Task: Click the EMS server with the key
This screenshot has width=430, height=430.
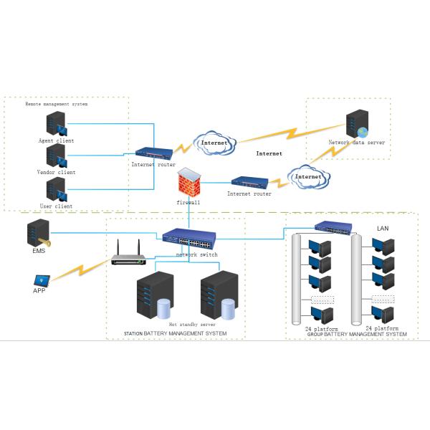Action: [x=39, y=234]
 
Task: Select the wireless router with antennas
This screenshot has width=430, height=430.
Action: [x=129, y=257]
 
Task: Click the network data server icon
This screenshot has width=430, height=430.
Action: [x=356, y=125]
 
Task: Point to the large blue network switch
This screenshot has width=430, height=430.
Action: [x=188, y=239]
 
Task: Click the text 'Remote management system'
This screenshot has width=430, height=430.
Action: [x=56, y=105]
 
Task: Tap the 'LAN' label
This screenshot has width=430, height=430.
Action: [x=383, y=229]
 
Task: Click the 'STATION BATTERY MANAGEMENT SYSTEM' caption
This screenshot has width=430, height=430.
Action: [x=175, y=334]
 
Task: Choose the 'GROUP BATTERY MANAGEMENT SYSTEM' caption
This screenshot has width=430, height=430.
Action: [x=357, y=335]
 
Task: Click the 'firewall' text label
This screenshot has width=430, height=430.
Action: [x=188, y=203]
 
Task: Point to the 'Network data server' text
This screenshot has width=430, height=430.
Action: [x=357, y=143]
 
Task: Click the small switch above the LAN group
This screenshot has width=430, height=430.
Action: [x=334, y=228]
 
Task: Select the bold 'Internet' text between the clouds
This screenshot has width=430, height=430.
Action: [x=269, y=153]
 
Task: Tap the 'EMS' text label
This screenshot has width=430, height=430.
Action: [x=39, y=252]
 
